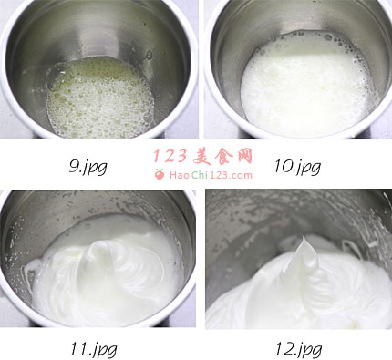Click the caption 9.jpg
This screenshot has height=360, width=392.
click(x=88, y=167)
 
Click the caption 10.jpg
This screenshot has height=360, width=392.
click(x=297, y=167)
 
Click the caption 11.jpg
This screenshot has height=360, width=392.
click(x=94, y=348)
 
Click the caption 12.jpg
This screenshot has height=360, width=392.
click(x=299, y=348)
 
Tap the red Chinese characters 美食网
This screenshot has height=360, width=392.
click(x=222, y=157)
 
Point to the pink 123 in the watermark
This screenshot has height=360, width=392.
click(x=170, y=157)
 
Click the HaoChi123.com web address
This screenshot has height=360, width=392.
click(x=211, y=175)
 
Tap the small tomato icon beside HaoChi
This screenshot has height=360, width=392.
click(x=160, y=174)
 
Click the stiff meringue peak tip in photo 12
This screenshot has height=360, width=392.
click(x=304, y=238)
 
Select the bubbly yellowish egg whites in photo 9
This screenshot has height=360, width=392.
click(x=99, y=98)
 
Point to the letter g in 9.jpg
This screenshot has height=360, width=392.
click(x=101, y=168)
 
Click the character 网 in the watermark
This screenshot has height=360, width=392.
click(x=244, y=157)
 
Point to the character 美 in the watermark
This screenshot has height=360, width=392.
click(x=202, y=157)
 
